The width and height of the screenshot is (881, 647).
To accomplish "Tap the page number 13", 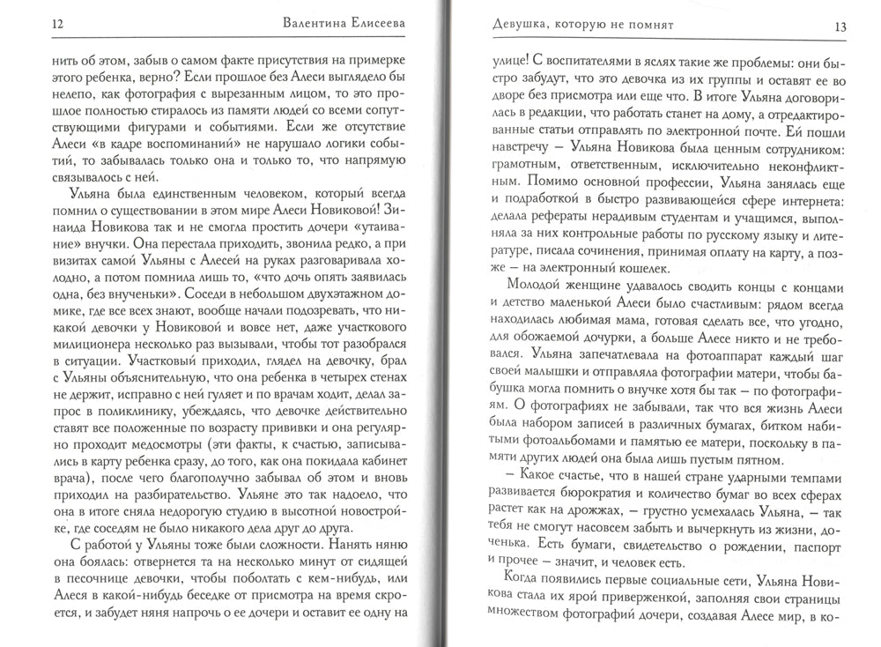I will (x=840, y=27).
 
